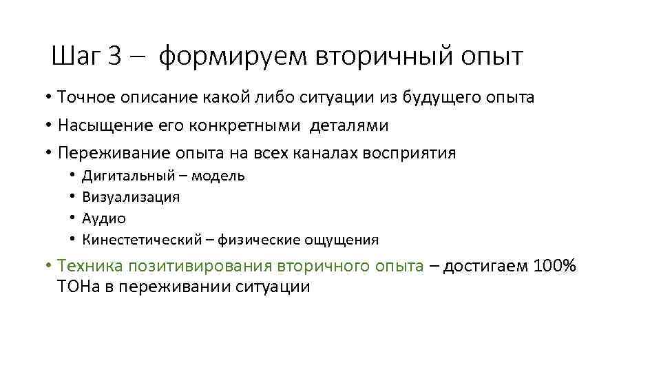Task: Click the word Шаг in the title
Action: click(x=75, y=56)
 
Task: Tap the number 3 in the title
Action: click(x=114, y=56)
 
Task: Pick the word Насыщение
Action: click(x=101, y=125)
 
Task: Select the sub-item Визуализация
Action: click(x=131, y=197)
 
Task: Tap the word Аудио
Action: click(x=104, y=218)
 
